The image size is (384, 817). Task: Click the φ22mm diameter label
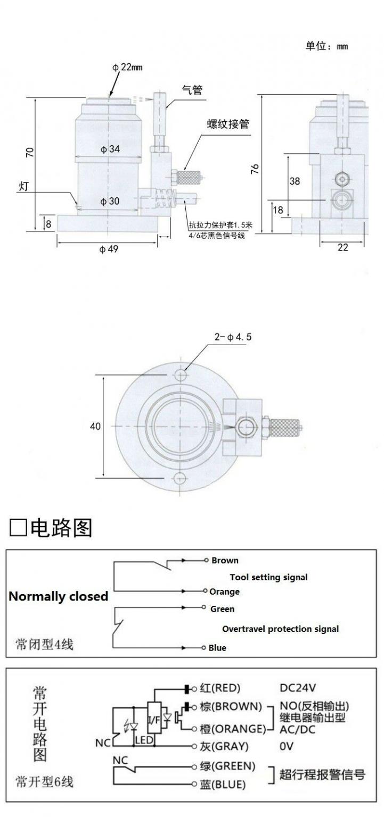127,67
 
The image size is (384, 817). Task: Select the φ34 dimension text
110,149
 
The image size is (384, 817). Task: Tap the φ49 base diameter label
109,249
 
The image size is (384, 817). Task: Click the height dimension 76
255,169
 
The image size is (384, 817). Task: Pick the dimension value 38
295,181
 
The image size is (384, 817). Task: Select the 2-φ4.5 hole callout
233,337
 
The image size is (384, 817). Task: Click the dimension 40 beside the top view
95,426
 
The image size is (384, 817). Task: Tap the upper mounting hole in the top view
180,375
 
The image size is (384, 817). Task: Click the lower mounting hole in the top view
180,477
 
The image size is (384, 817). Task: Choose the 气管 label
192,90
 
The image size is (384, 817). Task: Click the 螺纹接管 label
228,125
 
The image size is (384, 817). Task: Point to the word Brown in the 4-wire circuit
225,560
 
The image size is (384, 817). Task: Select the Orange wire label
224,591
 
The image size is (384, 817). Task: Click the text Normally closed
58,596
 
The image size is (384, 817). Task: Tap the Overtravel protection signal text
280,629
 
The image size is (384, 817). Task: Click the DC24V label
301,688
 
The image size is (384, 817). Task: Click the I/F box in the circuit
153,720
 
